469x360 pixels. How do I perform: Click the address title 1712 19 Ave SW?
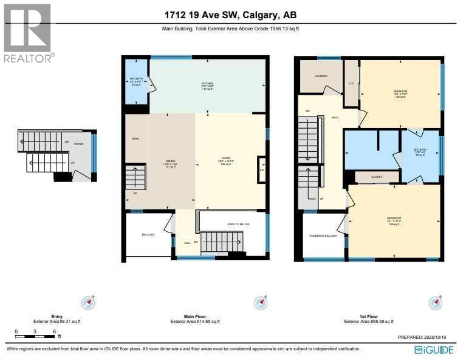click(234, 14)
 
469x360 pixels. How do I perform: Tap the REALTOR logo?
click(28, 33)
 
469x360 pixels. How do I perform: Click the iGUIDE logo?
click(434, 350)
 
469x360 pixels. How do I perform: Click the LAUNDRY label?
click(321, 76)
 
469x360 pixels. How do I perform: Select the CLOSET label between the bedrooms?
click(377, 178)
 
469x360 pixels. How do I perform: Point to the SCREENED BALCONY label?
click(323, 235)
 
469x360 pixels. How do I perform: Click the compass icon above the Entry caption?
click(90, 302)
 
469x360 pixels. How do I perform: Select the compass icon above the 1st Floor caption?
click(435, 302)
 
